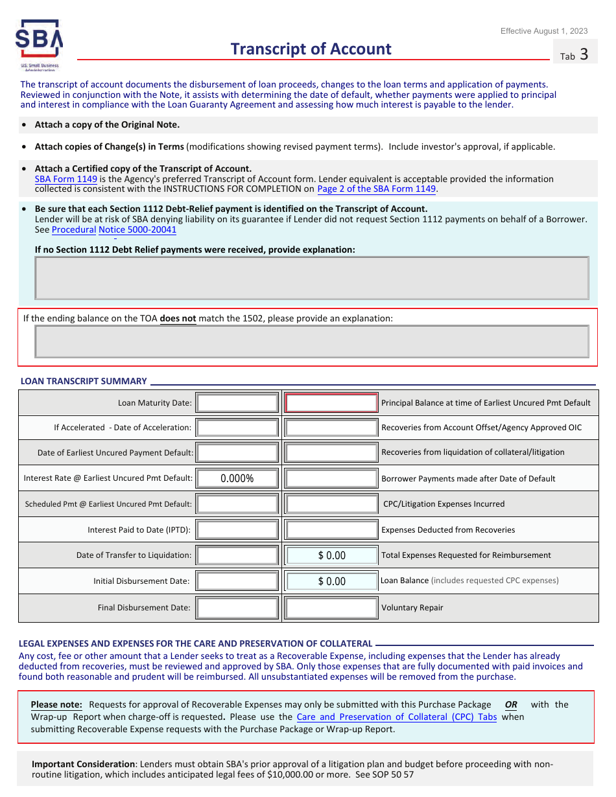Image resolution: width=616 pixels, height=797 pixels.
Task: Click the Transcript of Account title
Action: (311, 49)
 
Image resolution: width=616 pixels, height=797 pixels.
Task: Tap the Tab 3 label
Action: (575, 55)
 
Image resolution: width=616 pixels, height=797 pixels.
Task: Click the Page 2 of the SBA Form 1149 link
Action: (377, 189)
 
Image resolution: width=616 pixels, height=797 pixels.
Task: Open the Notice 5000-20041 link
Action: (137, 229)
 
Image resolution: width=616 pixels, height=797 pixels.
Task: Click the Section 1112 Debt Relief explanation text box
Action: (311, 278)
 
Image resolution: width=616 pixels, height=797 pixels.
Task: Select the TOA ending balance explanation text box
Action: (311, 341)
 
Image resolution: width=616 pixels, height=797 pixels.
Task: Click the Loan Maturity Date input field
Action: (237, 403)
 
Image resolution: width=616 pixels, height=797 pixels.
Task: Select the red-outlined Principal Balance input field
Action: (331, 403)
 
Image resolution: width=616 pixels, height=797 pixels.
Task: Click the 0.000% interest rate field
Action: (237, 479)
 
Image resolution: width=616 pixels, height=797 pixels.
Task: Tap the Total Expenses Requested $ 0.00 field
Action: (331, 555)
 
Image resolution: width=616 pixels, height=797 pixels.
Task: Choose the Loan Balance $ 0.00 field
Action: (331, 581)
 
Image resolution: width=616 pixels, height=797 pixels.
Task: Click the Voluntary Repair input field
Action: (331, 608)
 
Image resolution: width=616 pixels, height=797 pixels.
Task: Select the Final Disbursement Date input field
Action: (237, 608)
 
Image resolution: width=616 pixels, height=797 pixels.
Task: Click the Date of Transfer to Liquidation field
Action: (237, 555)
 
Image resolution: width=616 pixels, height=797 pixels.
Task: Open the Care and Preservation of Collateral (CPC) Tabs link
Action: (396, 717)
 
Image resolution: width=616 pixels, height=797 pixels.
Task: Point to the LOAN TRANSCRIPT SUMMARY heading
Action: (84, 381)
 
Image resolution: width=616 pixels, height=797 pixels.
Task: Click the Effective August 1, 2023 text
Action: (544, 31)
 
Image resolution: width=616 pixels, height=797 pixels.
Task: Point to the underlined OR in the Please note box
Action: (511, 704)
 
